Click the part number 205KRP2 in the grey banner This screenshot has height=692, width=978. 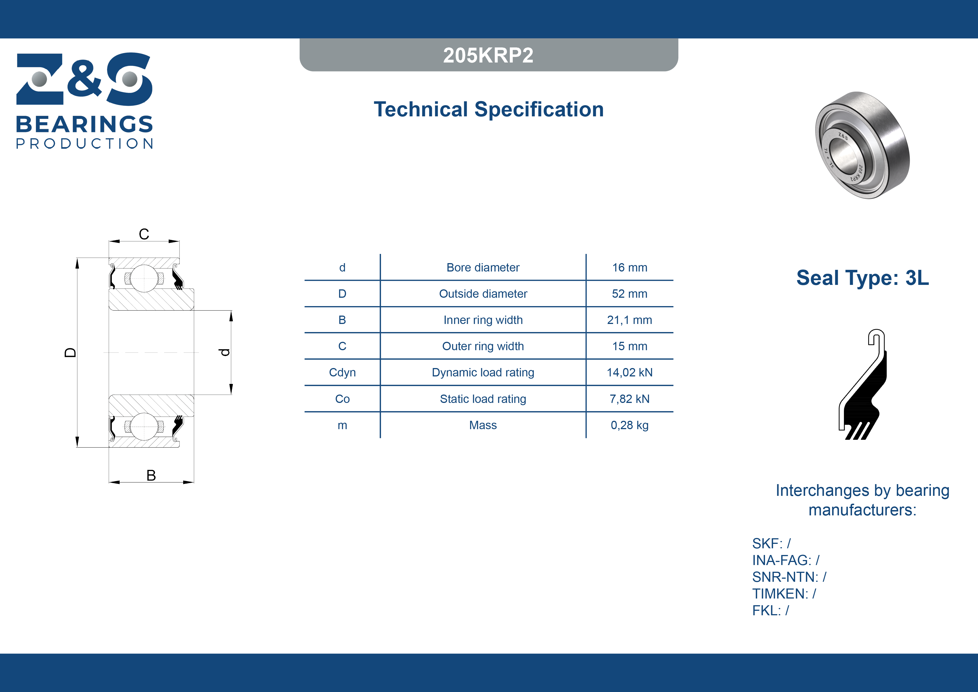tap(488, 55)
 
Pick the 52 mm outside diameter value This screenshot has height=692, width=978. tap(630, 294)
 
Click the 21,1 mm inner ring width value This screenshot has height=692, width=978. tap(630, 320)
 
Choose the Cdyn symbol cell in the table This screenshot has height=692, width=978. tap(342, 373)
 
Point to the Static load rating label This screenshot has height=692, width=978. tap(483, 399)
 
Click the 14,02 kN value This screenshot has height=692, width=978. tap(630, 373)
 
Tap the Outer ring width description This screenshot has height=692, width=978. tap(483, 346)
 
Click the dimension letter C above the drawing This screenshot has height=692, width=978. tap(144, 234)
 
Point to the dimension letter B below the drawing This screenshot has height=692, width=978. tap(151, 475)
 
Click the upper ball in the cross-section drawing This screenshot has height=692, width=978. tap(144, 278)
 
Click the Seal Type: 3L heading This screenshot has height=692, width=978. tap(863, 278)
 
